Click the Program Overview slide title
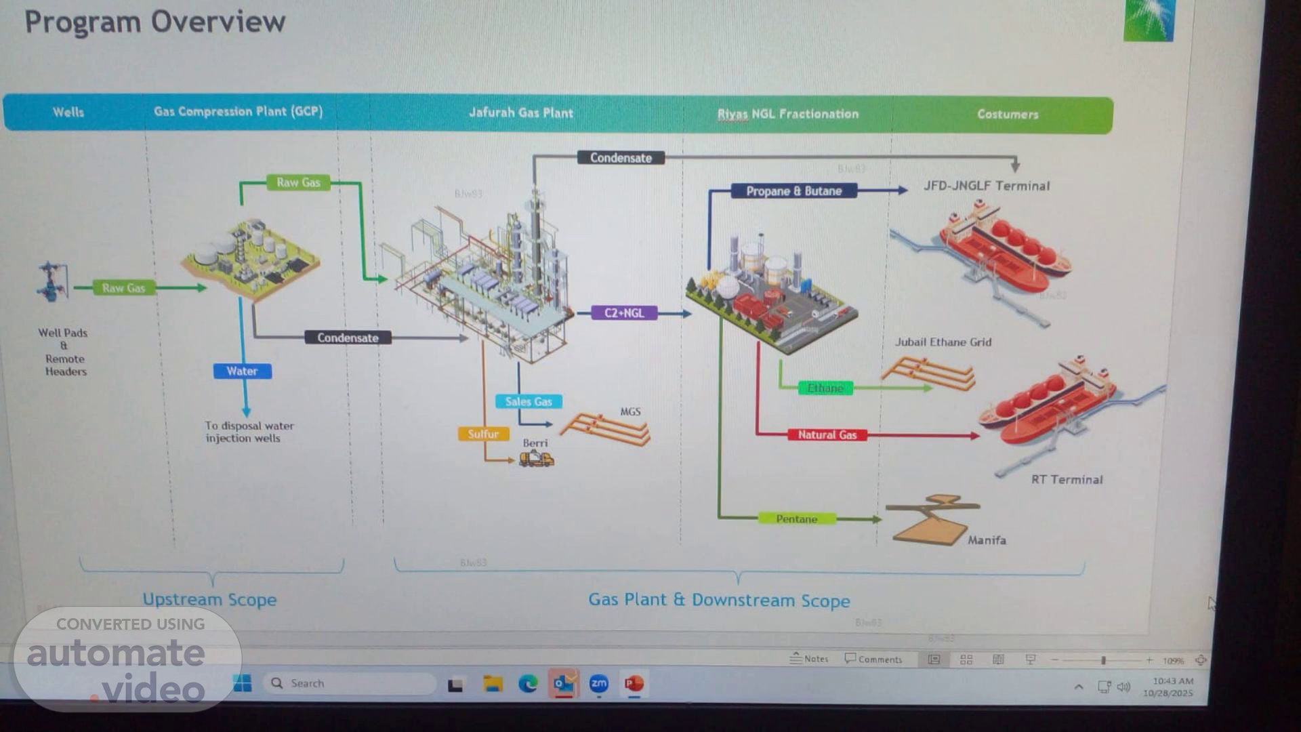[155, 22]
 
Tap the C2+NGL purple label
[624, 313]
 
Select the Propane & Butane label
[793, 191]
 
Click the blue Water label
[242, 371]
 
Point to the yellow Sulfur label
[483, 434]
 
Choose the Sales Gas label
[529, 401]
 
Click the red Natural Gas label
[827, 435]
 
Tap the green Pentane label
[796, 519]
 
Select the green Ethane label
[825, 388]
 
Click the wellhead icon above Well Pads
[52, 282]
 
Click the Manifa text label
[987, 540]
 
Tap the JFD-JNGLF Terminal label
[987, 186]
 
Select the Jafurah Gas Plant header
[521, 113]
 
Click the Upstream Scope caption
[209, 600]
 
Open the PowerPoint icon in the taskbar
[634, 684]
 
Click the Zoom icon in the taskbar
[599, 684]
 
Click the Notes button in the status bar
[809, 659]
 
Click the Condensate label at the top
[621, 158]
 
